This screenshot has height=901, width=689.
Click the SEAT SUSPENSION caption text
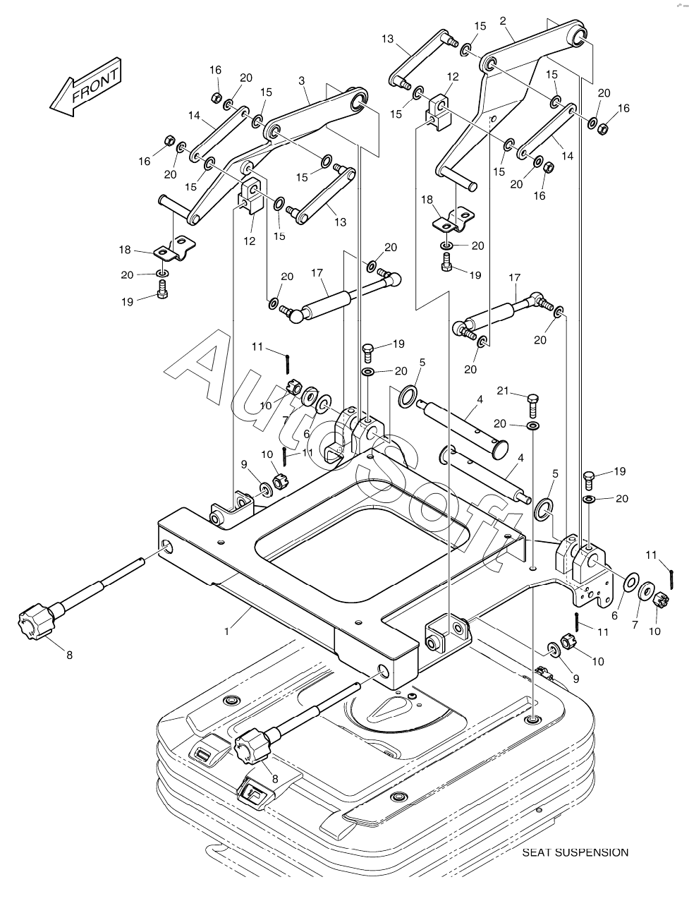point(575,852)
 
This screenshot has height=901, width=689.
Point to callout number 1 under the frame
point(226,631)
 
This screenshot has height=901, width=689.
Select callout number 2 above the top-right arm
point(503,21)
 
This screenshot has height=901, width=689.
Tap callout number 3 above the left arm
point(301,81)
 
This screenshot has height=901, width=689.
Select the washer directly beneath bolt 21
point(533,426)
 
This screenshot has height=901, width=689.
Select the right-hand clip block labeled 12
point(439,111)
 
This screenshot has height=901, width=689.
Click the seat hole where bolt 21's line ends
point(533,720)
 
